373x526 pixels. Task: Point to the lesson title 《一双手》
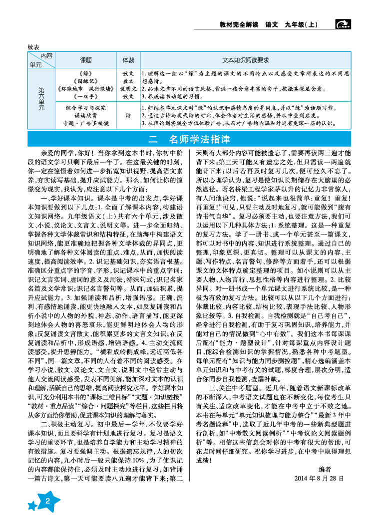pyautogui.click(x=86, y=96)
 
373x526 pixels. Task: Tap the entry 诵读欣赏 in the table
pyautogui.click(x=86, y=115)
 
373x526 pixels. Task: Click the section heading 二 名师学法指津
pyautogui.click(x=187, y=138)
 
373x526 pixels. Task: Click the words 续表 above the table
pyautogui.click(x=35, y=46)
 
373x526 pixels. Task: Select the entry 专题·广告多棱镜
pyautogui.click(x=86, y=123)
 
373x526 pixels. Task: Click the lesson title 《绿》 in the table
pyautogui.click(x=86, y=73)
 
